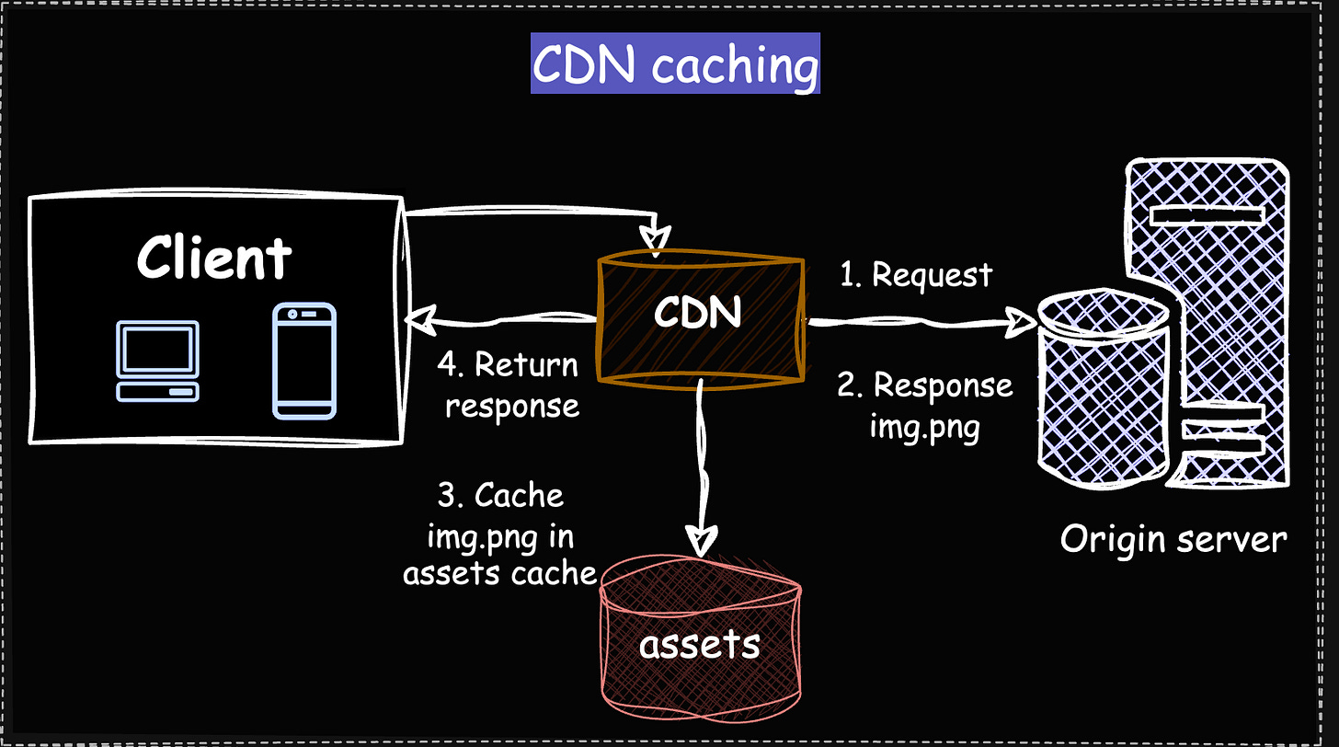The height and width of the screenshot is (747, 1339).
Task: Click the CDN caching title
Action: (x=675, y=64)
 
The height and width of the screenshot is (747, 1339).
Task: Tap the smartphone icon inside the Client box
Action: (x=304, y=362)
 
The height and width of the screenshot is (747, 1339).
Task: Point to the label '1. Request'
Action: (x=916, y=274)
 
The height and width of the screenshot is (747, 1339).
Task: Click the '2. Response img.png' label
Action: (x=924, y=406)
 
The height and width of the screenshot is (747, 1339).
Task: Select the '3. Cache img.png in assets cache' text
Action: (x=500, y=534)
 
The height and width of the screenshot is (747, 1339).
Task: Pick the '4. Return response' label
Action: (x=509, y=385)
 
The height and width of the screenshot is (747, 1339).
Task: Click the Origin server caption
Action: (x=1173, y=539)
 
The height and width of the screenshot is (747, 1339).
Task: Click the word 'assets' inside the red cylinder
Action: (x=699, y=645)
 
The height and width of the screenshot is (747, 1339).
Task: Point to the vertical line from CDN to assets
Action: (x=703, y=460)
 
